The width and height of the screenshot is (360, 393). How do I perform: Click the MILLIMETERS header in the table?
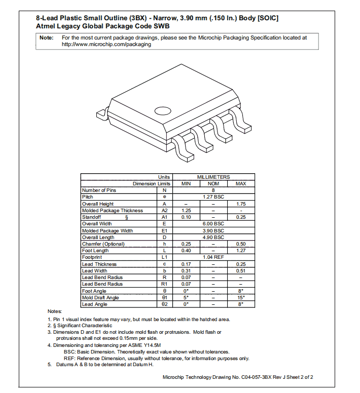pos(213,177)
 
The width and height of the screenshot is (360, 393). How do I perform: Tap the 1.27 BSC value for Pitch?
pos(213,197)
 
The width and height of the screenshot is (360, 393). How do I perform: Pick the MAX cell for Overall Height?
pos(241,204)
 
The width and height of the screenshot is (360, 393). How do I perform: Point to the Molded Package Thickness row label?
pos(113,210)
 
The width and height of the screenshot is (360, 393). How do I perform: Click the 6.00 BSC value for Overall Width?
pos(213,224)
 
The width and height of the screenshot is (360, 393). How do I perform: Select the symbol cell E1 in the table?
pos(164,230)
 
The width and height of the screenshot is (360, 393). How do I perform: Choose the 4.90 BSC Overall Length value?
pos(213,237)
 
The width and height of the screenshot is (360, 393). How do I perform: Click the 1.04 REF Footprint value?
pos(213,257)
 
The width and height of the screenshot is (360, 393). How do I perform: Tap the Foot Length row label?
pos(95,251)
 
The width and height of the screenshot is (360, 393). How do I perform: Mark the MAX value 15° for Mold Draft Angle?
pos(241,297)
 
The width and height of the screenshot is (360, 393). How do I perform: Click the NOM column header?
pos(213,183)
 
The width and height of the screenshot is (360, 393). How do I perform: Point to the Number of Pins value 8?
pos(213,190)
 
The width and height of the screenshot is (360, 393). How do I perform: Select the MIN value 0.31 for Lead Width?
pos(186,270)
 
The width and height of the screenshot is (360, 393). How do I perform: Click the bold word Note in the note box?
pos(47,37)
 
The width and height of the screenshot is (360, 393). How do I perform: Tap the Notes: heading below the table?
pos(55,311)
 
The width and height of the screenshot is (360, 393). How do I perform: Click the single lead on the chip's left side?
pos(101,113)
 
